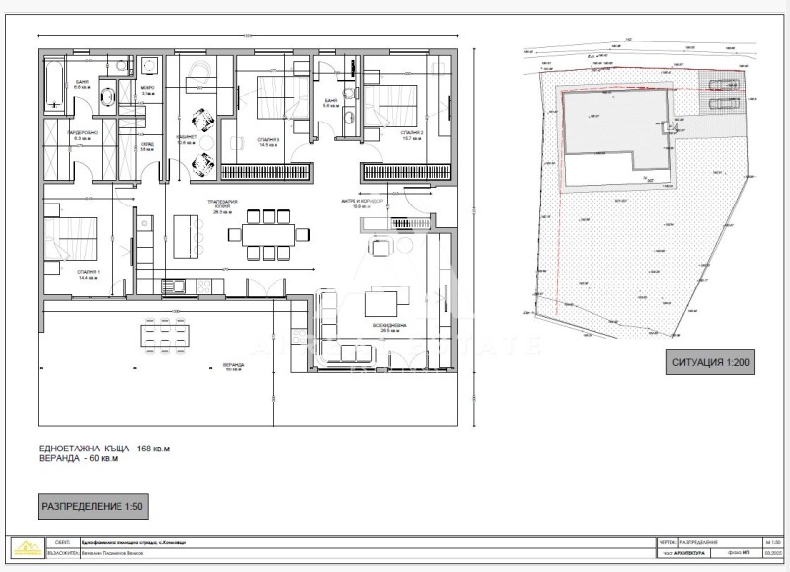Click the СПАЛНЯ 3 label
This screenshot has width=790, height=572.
click(x=264, y=141)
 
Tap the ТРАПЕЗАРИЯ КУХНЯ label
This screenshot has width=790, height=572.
click(x=220, y=204)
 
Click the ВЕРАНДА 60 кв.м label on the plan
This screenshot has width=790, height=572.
click(x=233, y=368)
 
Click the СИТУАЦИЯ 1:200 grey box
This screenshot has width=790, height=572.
click(x=711, y=363)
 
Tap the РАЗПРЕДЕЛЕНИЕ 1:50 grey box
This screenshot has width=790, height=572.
click(x=93, y=507)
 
